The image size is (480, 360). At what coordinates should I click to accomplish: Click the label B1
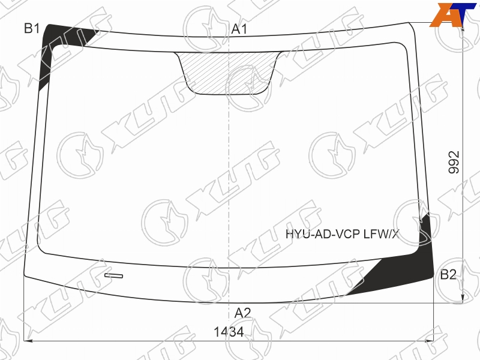click(32, 28)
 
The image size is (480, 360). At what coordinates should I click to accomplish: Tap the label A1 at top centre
click(239, 29)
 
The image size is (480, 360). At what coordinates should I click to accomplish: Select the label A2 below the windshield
click(243, 313)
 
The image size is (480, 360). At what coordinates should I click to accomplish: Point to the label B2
click(448, 275)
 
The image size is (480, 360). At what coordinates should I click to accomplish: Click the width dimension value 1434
click(229, 332)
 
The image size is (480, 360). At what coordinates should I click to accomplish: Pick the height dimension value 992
click(454, 162)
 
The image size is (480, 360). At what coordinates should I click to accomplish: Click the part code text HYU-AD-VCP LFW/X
click(343, 234)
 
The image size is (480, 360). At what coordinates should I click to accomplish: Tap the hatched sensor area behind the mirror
click(228, 73)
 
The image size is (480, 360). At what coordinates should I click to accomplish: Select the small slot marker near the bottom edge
click(113, 276)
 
